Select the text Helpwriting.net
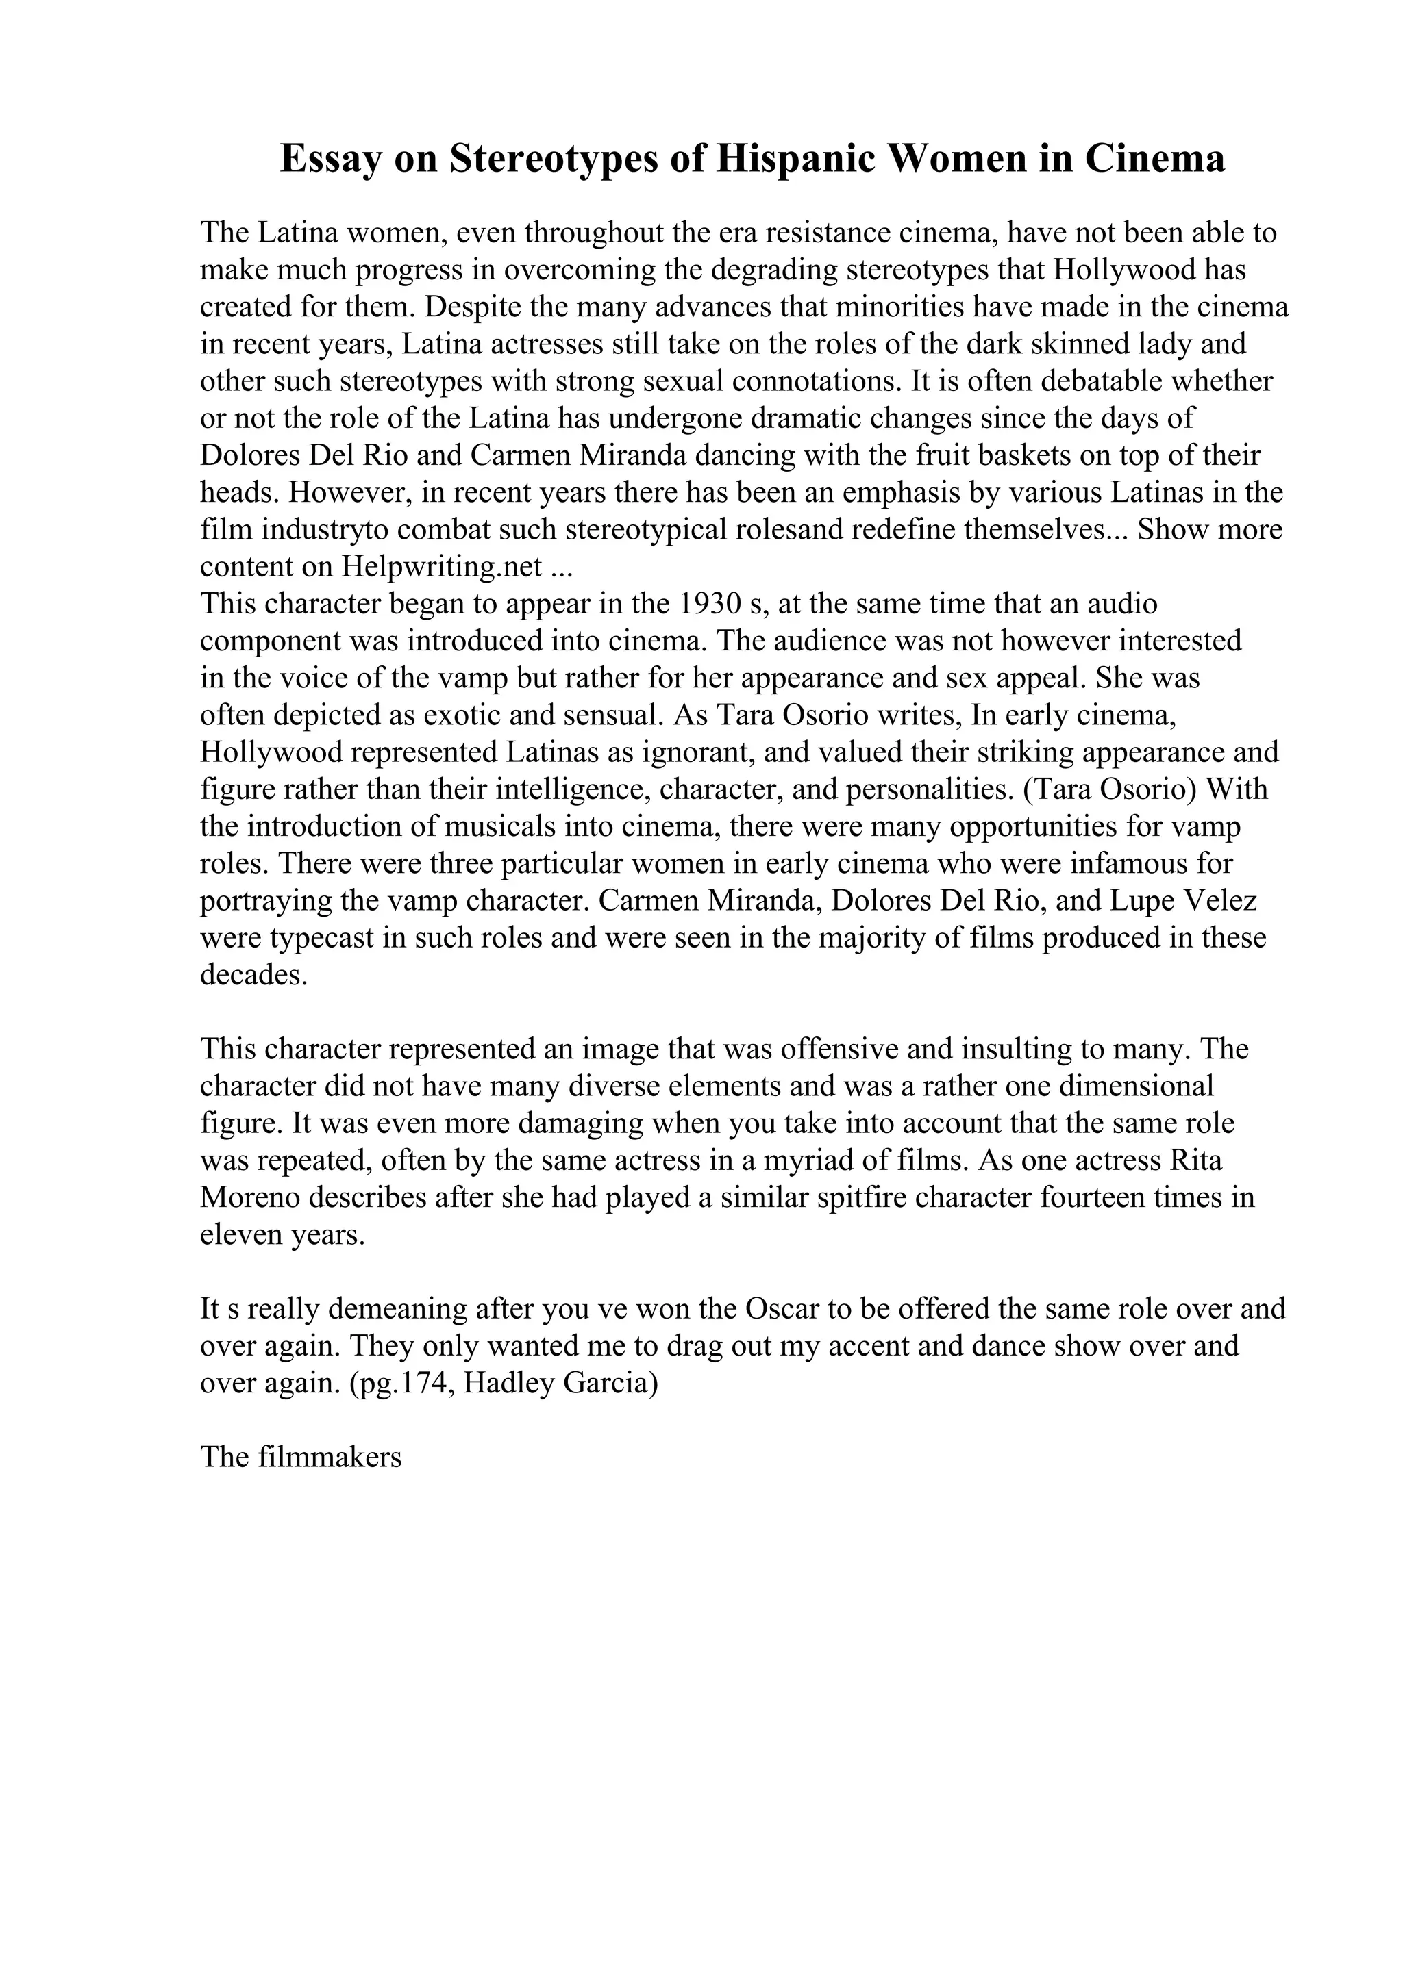tap(442, 566)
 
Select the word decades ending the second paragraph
tap(253, 975)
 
